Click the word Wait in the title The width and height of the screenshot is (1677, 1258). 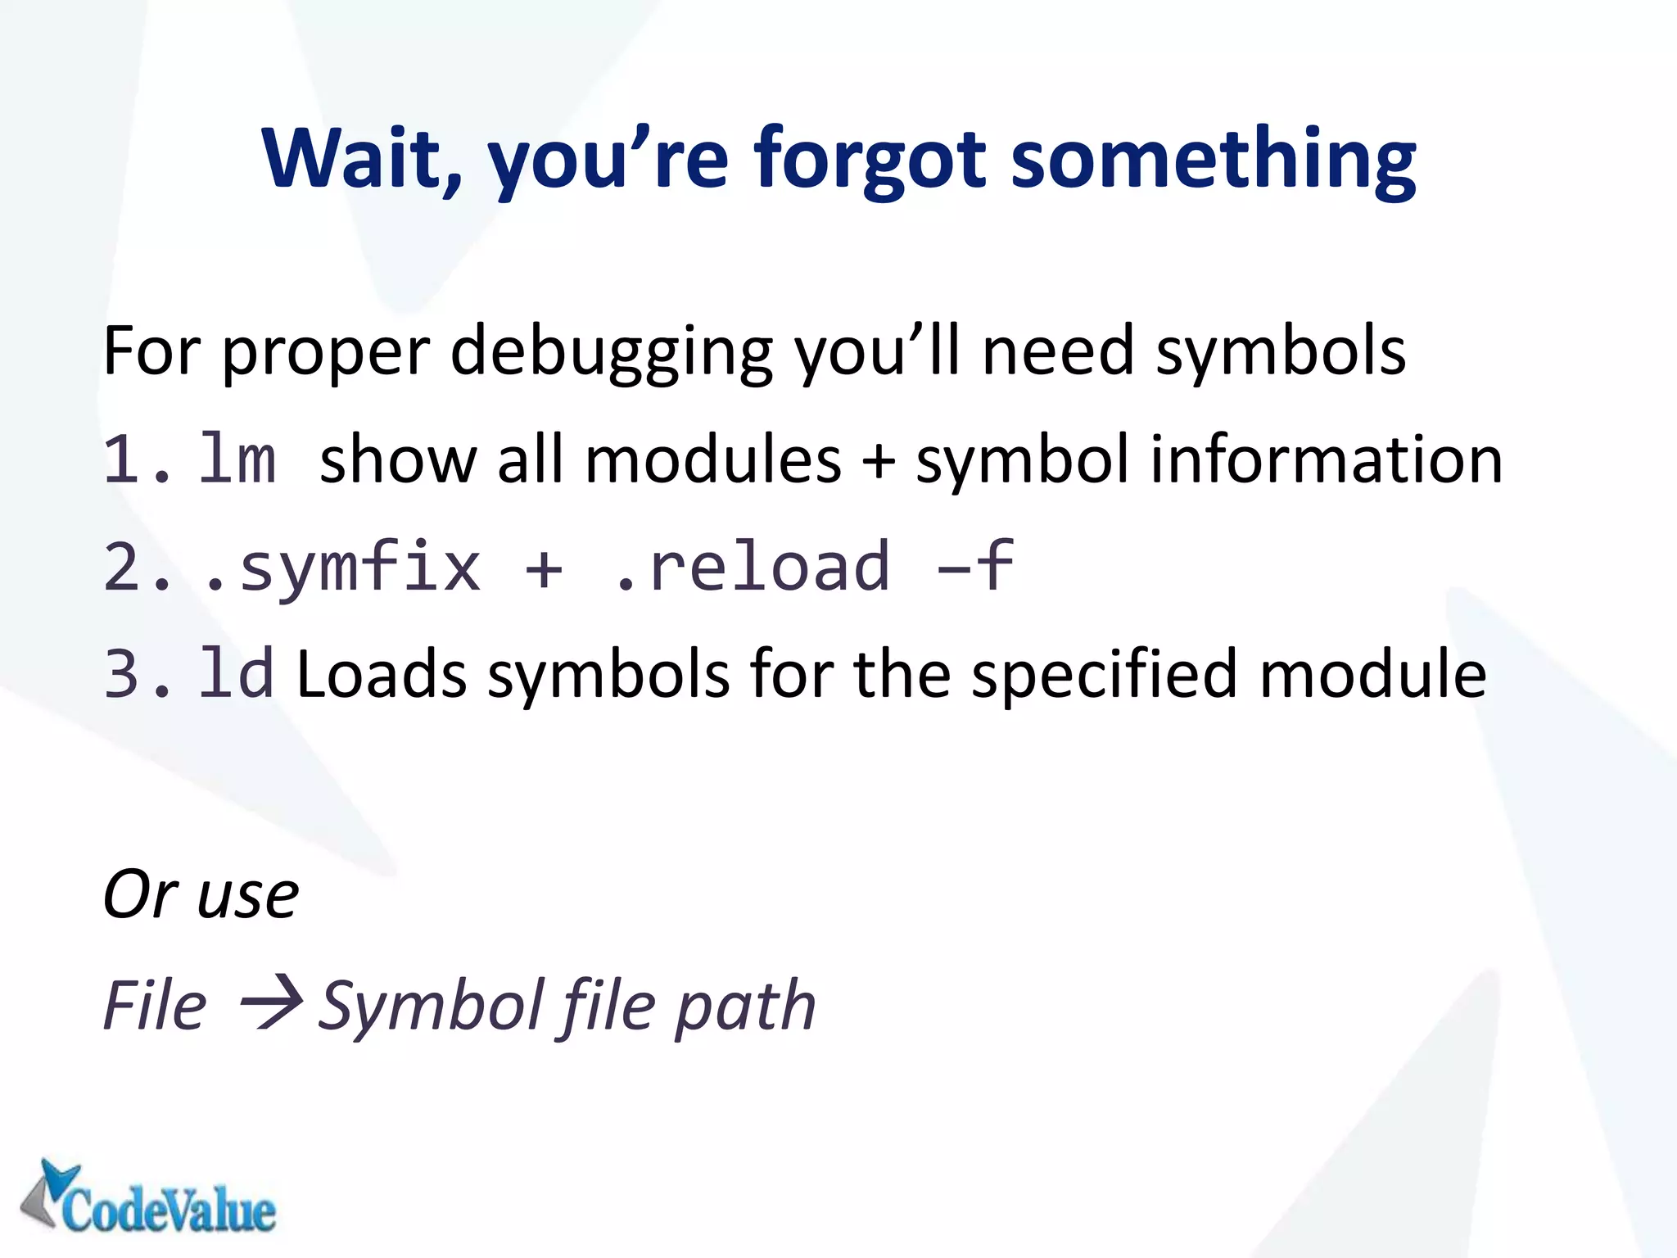tap(360, 158)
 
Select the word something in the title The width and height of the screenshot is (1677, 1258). tap(1213, 158)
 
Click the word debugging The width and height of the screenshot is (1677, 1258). tap(611, 352)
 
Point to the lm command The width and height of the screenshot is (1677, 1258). tap(237, 459)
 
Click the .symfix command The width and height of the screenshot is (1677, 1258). tap(341, 567)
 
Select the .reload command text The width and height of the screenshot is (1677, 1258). tap(752, 567)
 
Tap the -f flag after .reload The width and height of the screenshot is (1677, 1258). tap(976, 567)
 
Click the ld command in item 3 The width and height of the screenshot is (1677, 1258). tap(236, 674)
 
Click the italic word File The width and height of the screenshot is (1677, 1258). tap(156, 1005)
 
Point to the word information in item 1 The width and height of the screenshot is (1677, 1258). tap(1327, 459)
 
